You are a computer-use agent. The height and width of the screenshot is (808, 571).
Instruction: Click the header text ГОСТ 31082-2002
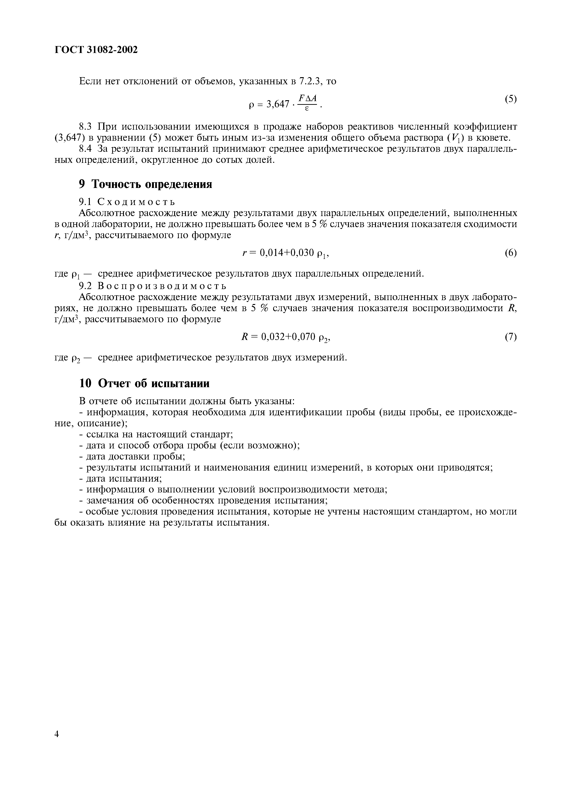[x=96, y=50]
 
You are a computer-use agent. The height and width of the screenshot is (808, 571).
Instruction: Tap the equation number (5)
[x=510, y=99]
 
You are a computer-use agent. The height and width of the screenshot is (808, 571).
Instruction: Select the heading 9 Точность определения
[x=145, y=184]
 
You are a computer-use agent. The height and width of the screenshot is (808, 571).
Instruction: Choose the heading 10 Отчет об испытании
[x=144, y=383]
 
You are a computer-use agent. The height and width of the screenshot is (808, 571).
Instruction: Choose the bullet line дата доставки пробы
[x=132, y=457]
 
